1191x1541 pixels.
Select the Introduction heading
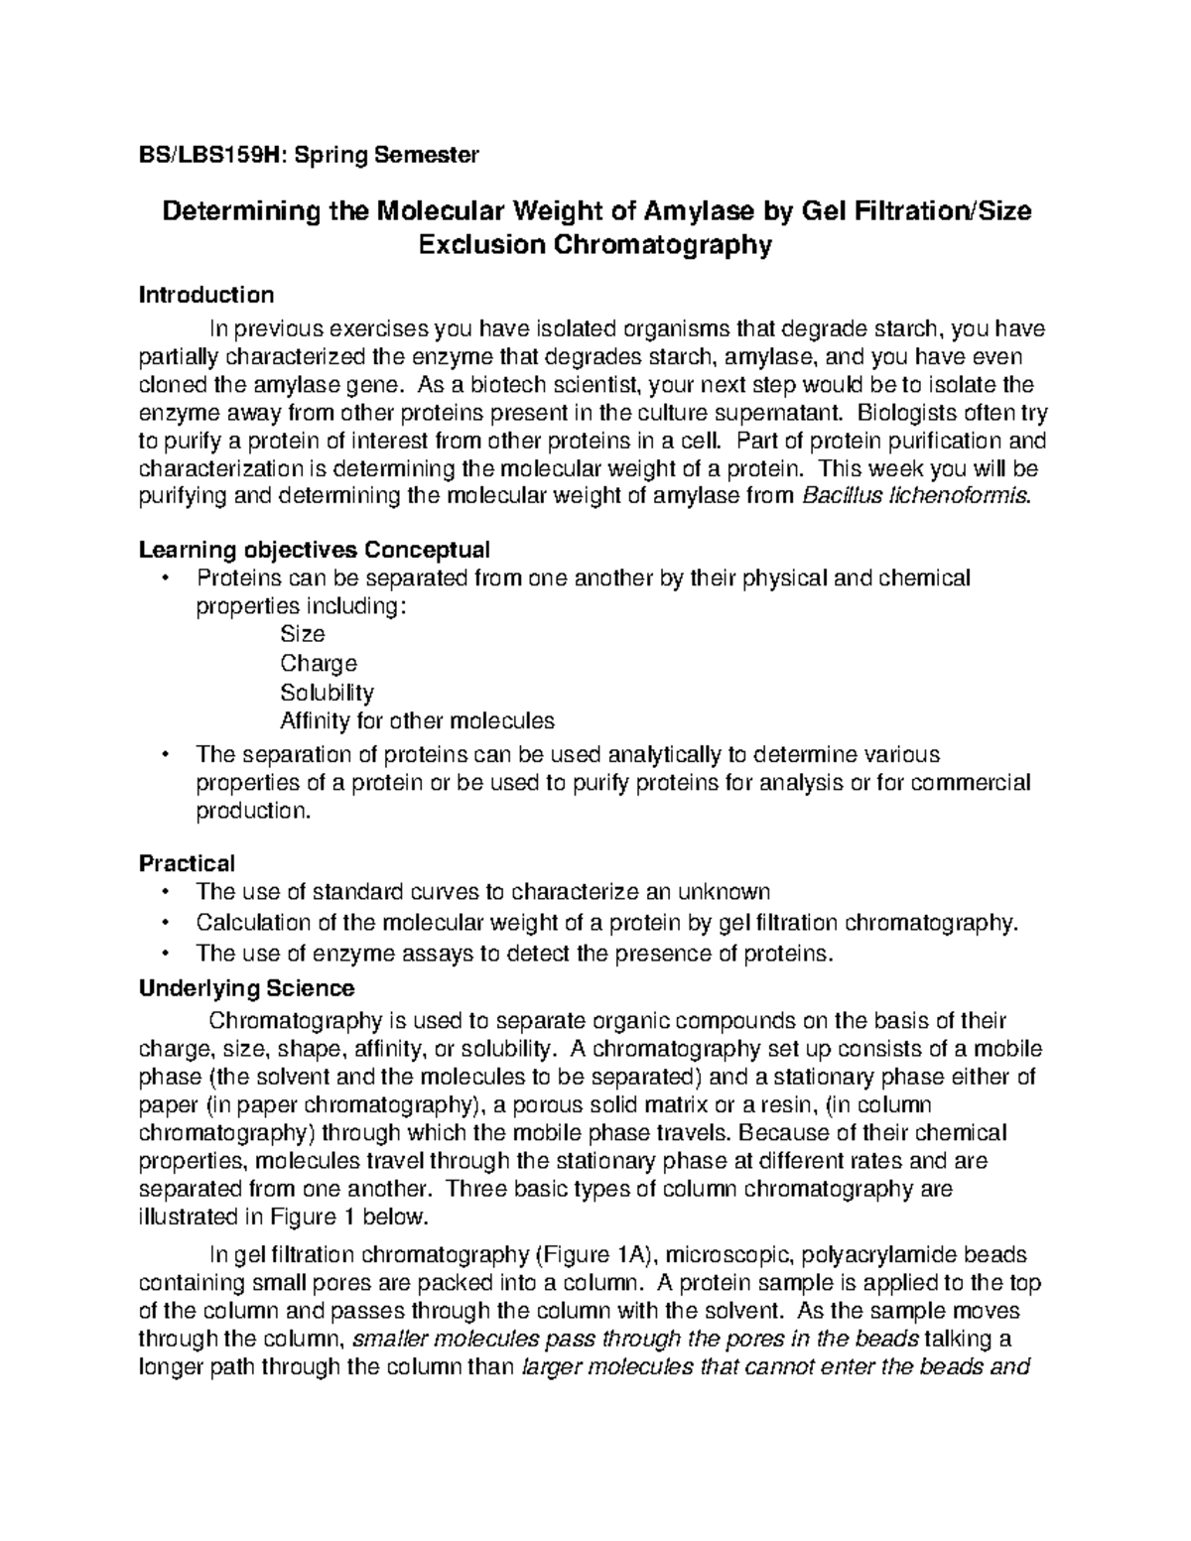206,295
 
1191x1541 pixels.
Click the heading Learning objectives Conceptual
315,550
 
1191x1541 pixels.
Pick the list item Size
303,634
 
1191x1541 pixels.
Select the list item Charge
318,663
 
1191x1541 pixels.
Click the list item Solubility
327,692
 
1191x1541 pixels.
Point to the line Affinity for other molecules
417,720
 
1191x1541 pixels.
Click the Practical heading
187,863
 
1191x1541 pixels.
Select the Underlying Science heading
246,988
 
